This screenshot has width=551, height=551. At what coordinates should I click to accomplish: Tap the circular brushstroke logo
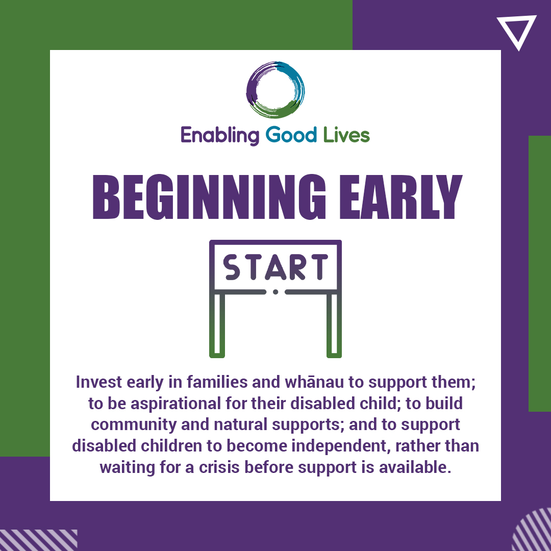[251, 90]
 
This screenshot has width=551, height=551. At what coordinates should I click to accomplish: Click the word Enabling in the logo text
[220, 136]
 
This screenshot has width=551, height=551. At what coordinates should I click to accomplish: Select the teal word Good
[291, 135]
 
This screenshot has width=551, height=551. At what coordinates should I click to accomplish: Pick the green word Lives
[346, 135]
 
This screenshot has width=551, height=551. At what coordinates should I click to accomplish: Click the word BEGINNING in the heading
[210, 197]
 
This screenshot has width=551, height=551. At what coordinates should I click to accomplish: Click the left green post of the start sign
[217, 325]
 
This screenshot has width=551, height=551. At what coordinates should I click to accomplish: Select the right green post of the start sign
[334, 325]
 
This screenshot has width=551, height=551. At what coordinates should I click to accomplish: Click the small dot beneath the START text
[275, 292]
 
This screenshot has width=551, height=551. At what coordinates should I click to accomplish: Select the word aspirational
[176, 404]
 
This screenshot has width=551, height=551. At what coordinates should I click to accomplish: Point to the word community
[134, 425]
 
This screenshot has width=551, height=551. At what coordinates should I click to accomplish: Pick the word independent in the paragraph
[341, 446]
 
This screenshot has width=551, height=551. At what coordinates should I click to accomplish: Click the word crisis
[219, 467]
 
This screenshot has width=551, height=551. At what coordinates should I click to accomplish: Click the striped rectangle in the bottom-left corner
[39, 540]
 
